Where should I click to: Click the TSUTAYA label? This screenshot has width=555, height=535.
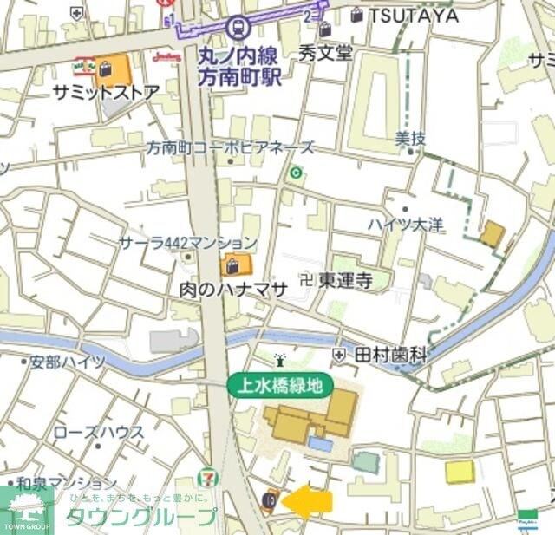click(x=414, y=15)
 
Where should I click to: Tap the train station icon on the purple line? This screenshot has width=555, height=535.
click(x=233, y=27)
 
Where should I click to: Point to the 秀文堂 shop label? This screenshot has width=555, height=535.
click(x=326, y=53)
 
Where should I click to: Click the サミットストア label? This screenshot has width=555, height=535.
click(x=106, y=92)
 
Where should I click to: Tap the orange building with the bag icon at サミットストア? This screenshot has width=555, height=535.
click(x=113, y=69)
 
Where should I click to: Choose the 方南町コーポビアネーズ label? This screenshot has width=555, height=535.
click(x=230, y=148)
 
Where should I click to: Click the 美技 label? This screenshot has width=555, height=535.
click(x=410, y=138)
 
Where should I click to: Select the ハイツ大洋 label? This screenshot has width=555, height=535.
click(x=404, y=225)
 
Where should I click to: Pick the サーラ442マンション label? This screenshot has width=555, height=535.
click(x=188, y=243)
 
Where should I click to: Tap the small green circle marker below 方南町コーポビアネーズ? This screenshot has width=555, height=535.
click(x=297, y=173)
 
